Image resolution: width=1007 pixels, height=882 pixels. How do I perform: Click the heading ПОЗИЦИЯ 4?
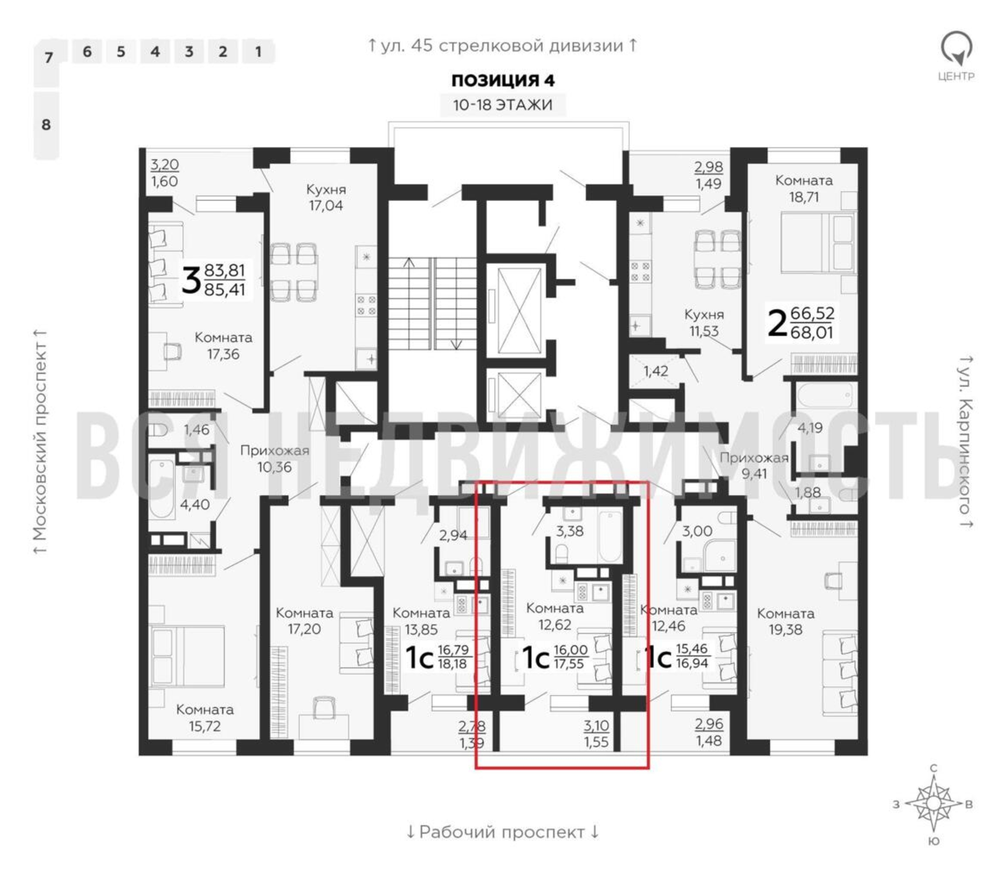click(x=503, y=80)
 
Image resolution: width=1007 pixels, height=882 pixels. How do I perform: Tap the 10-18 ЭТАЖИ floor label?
click(x=502, y=105)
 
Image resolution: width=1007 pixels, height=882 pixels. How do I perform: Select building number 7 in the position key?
click(x=48, y=58)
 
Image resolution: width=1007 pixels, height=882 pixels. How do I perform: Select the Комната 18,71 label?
click(x=804, y=188)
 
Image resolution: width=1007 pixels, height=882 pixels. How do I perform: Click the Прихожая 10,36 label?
click(x=275, y=459)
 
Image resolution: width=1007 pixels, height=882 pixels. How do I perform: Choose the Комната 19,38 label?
click(x=786, y=621)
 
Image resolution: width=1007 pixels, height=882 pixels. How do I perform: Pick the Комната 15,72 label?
click(x=205, y=718)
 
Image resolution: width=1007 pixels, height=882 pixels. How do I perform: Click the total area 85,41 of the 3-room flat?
click(x=225, y=289)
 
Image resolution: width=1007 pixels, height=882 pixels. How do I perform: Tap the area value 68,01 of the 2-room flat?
click(x=812, y=332)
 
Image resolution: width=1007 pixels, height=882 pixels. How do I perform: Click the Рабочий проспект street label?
click(x=502, y=832)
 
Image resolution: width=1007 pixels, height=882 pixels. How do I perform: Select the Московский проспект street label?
click(x=40, y=442)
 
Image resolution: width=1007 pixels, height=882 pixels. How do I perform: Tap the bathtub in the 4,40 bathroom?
click(x=162, y=489)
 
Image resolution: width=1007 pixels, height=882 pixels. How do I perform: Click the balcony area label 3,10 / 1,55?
click(x=596, y=733)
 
